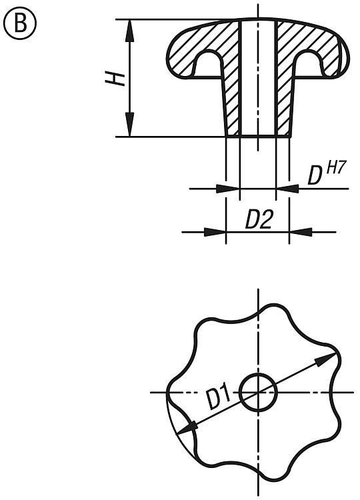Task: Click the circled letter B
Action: tap(20, 23)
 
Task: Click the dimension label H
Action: tap(115, 79)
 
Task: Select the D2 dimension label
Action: tap(259, 219)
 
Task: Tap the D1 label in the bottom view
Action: tap(219, 397)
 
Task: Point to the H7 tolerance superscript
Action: tap(336, 168)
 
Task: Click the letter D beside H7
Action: tap(315, 176)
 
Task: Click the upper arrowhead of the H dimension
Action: tap(129, 31)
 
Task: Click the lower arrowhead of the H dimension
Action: tap(129, 125)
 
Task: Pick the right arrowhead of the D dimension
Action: tap(287, 189)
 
